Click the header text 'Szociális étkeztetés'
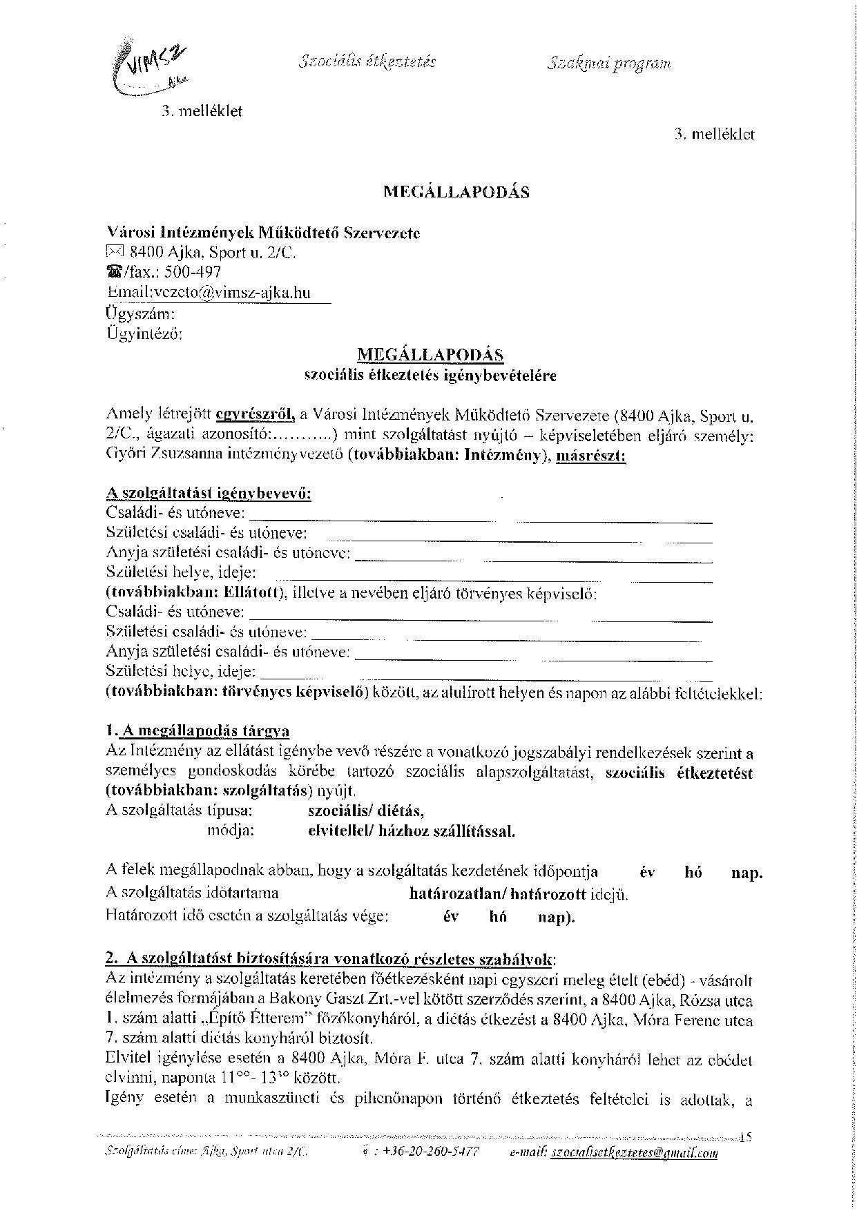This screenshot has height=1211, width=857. pos(367,61)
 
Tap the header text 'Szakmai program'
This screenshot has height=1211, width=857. pos(609,64)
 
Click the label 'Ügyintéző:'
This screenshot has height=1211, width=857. pos(144,334)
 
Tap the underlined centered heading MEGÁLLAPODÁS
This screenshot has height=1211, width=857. pos(430,355)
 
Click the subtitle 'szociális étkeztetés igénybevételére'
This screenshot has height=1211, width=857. pos(430,376)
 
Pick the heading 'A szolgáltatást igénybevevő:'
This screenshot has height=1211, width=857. pos(209,494)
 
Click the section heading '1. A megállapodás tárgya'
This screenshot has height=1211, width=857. pos(198,731)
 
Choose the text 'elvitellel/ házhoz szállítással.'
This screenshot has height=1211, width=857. pos(412,831)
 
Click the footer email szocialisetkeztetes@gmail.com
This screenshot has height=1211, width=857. pos(634,1152)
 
